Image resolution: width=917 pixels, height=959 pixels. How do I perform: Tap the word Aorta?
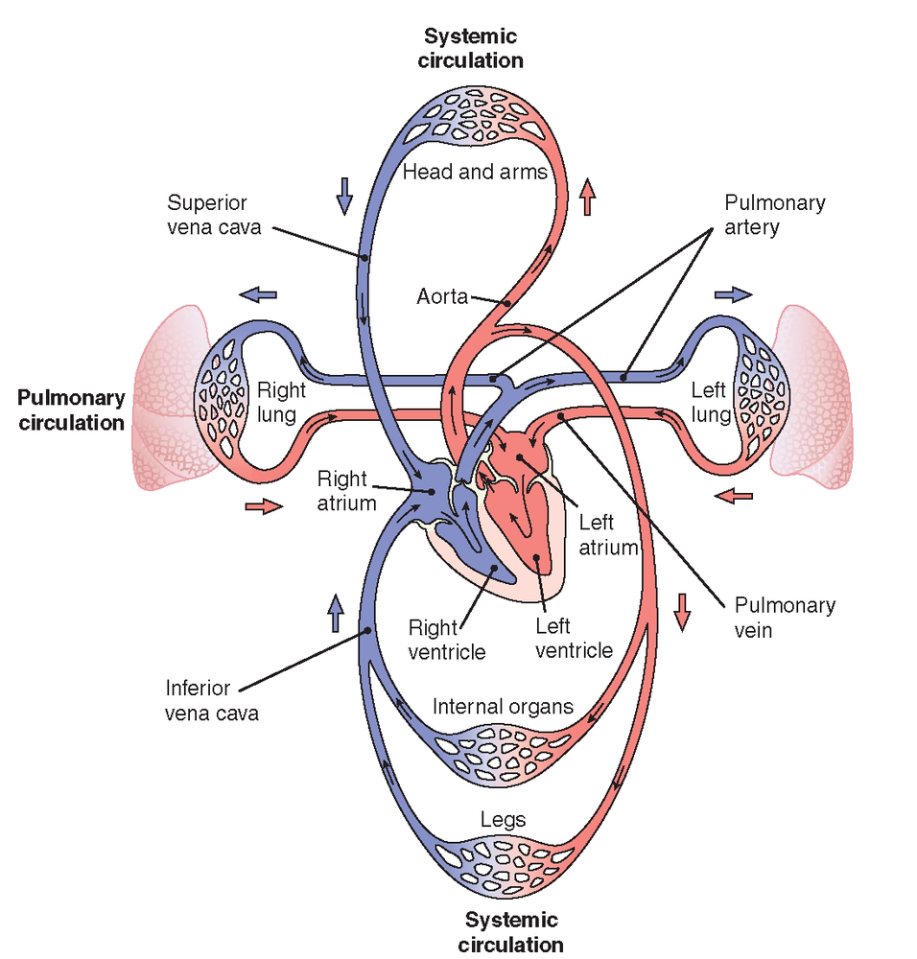click(x=441, y=297)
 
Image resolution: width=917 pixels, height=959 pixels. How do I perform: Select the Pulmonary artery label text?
click(x=774, y=216)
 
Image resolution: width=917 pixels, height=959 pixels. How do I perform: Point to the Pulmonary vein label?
click(x=784, y=618)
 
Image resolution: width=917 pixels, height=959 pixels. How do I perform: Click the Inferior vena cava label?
click(x=211, y=700)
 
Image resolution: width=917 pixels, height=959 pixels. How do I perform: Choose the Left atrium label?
click(x=608, y=536)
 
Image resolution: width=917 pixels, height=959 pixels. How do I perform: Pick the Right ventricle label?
click(x=447, y=640)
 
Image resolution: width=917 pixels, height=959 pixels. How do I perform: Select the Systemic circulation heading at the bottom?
click(x=511, y=932)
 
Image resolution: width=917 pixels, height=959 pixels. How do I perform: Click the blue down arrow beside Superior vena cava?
click(x=344, y=196)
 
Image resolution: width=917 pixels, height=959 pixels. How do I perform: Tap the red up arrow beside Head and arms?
click(x=588, y=198)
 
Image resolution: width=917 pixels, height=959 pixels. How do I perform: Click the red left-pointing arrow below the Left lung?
click(x=735, y=497)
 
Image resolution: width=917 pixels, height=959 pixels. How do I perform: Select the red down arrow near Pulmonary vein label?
click(x=682, y=612)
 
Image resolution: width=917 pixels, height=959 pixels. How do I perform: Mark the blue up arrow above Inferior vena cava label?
click(x=336, y=612)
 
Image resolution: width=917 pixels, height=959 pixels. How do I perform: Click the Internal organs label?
click(x=503, y=707)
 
